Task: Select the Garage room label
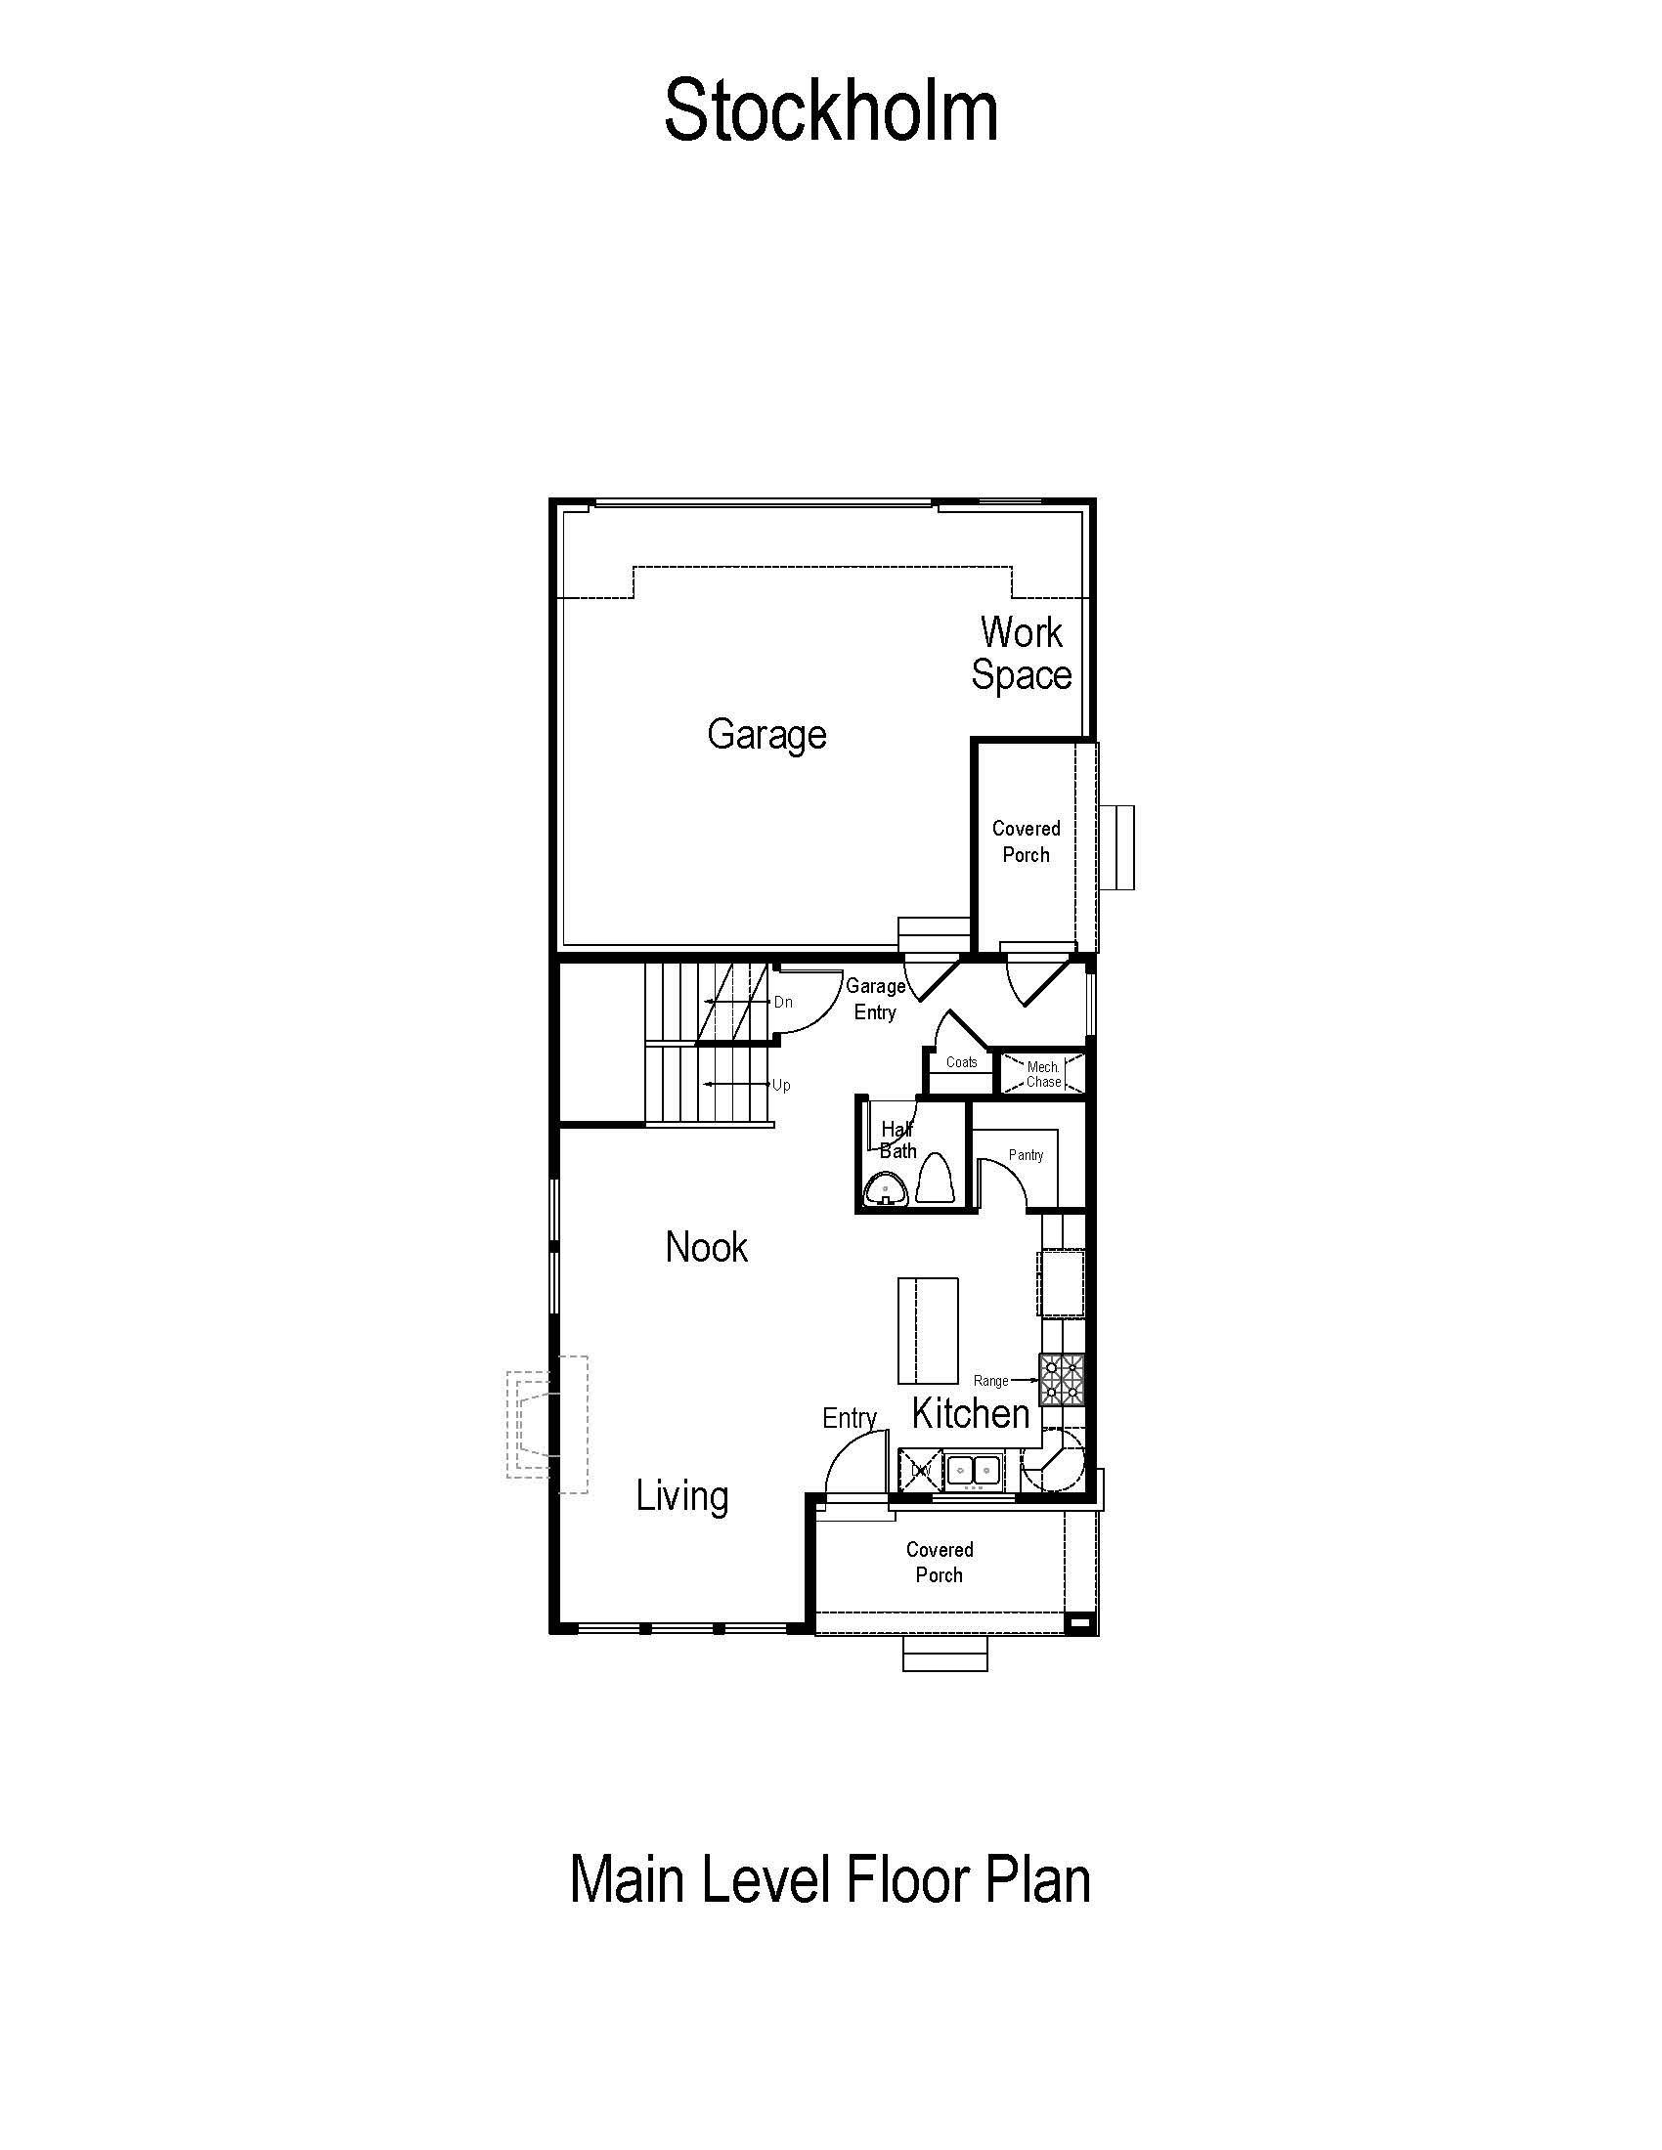point(767,735)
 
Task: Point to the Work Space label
point(1021,654)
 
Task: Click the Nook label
point(706,1247)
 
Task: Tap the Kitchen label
point(971,1414)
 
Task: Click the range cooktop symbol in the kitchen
point(1062,1378)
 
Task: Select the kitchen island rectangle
point(928,1331)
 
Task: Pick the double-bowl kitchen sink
point(974,1471)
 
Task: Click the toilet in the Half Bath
point(935,1179)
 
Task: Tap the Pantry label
point(1026,1156)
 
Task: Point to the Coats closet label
point(962,1062)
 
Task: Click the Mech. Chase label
point(1044,1074)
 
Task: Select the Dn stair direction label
point(783,1002)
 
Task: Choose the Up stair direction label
point(781,1085)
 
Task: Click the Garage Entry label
point(875,999)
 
